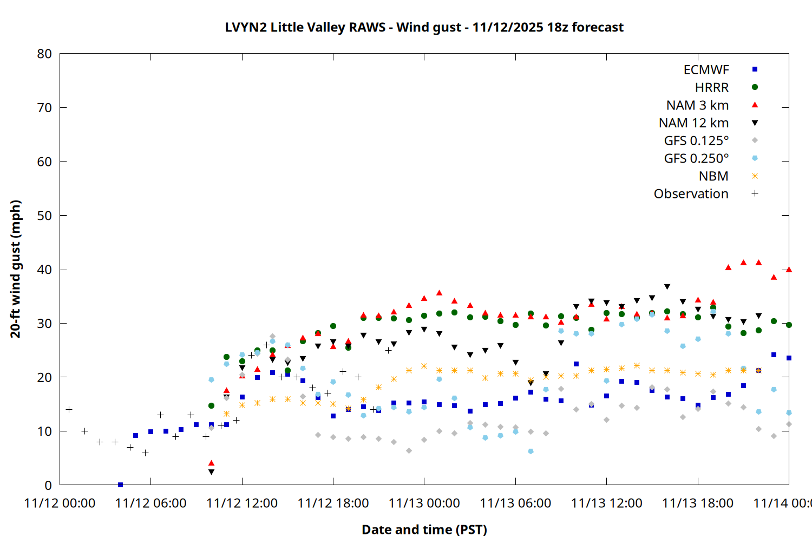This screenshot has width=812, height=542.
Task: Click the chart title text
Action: pyautogui.click(x=424, y=27)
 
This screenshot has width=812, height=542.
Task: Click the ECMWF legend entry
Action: pyautogui.click(x=706, y=70)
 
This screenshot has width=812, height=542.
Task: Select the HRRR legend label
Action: pyautogui.click(x=711, y=88)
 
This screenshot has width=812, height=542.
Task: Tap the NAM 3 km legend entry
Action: pyautogui.click(x=697, y=105)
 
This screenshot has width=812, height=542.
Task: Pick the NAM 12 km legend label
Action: pyautogui.click(x=693, y=123)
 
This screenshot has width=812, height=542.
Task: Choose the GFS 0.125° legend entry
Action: pyautogui.click(x=696, y=141)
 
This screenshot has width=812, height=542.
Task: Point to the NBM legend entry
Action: pyautogui.click(x=713, y=176)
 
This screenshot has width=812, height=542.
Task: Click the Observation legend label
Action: pyautogui.click(x=691, y=194)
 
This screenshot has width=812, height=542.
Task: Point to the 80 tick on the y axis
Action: pyautogui.click(x=44, y=54)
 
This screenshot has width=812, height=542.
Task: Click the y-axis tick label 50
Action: pyautogui.click(x=44, y=215)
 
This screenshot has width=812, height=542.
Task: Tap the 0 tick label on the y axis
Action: pyautogui.click(x=48, y=485)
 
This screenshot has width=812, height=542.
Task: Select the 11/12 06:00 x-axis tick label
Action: pyautogui.click(x=150, y=503)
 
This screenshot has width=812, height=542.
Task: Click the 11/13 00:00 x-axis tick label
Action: pyautogui.click(x=424, y=503)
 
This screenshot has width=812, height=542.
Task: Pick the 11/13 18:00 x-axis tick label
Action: pyautogui.click(x=697, y=503)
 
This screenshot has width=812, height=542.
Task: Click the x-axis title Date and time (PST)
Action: pyautogui.click(x=424, y=530)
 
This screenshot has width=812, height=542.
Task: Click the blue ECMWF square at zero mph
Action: pyautogui.click(x=120, y=485)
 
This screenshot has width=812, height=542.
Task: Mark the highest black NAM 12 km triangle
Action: pyautogui.click(x=667, y=287)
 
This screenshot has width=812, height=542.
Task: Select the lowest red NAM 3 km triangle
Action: pyautogui.click(x=211, y=463)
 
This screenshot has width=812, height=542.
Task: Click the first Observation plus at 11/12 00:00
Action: pyautogui.click(x=69, y=409)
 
